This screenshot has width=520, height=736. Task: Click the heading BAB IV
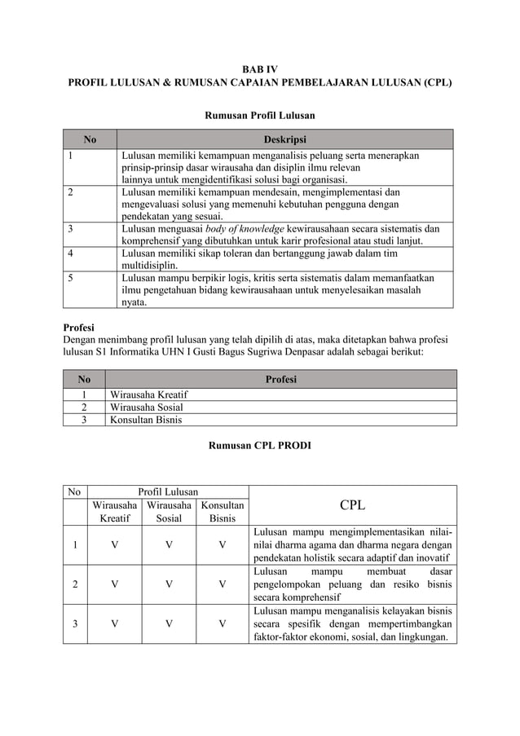259,69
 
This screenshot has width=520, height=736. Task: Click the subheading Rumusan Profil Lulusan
259,116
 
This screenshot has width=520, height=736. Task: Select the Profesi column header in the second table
281,379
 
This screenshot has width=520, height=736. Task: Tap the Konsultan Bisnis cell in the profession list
147,420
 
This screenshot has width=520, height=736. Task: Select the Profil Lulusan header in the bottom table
168,491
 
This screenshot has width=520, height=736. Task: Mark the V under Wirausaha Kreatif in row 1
114,545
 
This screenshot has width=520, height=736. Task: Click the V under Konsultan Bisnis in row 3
222,624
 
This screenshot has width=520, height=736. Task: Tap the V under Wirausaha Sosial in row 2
168,584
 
